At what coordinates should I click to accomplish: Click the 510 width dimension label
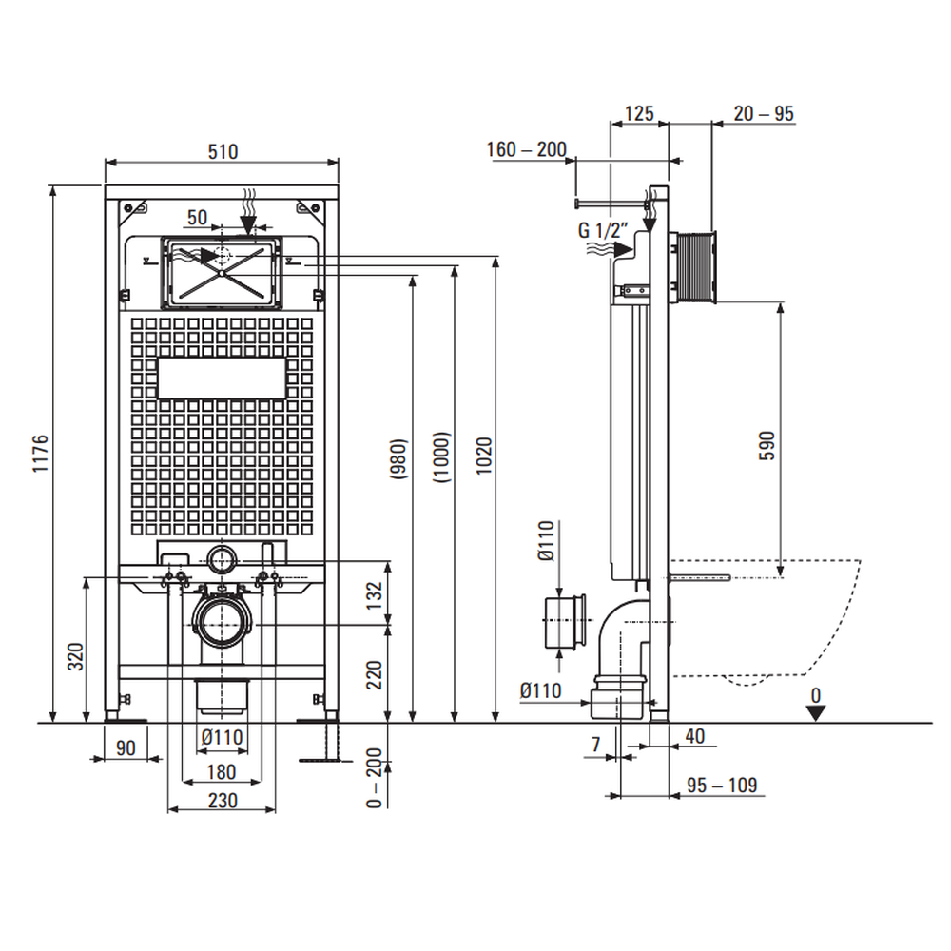point(222,150)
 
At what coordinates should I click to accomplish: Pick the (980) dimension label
point(398,457)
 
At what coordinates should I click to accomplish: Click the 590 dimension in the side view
point(767,445)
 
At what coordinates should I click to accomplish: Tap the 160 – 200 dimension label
point(526,149)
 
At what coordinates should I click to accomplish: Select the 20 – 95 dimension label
point(764,114)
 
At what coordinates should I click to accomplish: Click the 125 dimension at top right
point(638,114)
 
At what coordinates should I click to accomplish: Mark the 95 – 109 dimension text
point(724,785)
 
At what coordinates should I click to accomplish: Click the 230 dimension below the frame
point(222,801)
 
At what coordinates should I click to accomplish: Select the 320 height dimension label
point(77,656)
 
